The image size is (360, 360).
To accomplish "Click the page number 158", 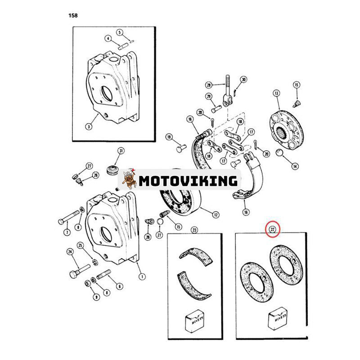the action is coord(73,15).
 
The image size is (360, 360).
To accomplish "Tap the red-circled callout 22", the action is coord(273,229).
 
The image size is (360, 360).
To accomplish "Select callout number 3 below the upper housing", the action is coord(89,126).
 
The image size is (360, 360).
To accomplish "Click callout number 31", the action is coord(121,151).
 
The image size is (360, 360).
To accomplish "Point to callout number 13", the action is coord(276,93).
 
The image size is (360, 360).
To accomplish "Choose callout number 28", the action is coord(208,85).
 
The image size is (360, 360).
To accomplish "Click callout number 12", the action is coord(216,215).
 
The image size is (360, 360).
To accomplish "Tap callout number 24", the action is coord(70,252).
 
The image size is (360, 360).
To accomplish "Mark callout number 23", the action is coord(194,230).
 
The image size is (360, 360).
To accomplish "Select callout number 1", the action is coord(142,277).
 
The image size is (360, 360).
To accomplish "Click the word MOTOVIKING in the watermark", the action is coord(188,181).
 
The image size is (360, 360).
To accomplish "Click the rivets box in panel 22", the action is coord(278,318).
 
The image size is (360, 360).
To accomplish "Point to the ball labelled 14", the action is coord(279,153).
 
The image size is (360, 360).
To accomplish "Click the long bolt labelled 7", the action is coord(69,216).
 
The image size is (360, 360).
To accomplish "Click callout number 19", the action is coord(169,137).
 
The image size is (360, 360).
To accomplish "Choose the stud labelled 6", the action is coord(104,274).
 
